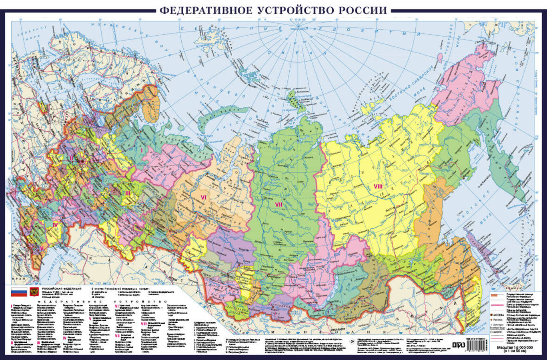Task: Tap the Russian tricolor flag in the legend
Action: [x=18, y=292]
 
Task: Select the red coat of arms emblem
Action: [x=34, y=292]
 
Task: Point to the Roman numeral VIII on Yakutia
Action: [x=378, y=186]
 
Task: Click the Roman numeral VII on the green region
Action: [x=279, y=204]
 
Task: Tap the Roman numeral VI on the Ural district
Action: [x=203, y=197]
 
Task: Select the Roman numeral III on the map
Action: [x=128, y=193]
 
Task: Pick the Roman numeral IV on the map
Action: [x=55, y=225]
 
